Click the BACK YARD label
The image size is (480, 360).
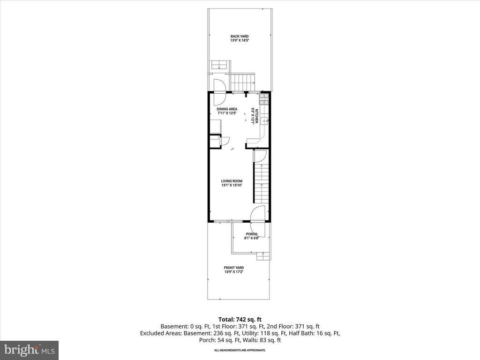(x=239, y=36)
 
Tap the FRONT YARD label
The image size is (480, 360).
(x=234, y=268)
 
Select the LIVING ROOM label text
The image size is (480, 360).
(x=232, y=180)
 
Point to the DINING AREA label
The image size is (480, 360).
(x=227, y=109)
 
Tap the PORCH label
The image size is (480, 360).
(x=251, y=234)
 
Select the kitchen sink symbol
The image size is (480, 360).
(x=264, y=121)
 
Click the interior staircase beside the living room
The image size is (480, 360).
(x=262, y=183)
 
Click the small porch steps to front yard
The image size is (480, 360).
(x=263, y=256)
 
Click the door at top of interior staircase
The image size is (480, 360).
(x=260, y=157)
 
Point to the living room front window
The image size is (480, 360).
(x=228, y=220)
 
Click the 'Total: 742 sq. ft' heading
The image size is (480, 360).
(x=240, y=318)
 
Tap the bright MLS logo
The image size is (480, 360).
(x=29, y=349)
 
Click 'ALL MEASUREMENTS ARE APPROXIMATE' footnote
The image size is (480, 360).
(x=240, y=350)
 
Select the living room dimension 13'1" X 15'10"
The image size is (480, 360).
(x=232, y=185)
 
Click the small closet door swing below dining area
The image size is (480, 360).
(x=225, y=141)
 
